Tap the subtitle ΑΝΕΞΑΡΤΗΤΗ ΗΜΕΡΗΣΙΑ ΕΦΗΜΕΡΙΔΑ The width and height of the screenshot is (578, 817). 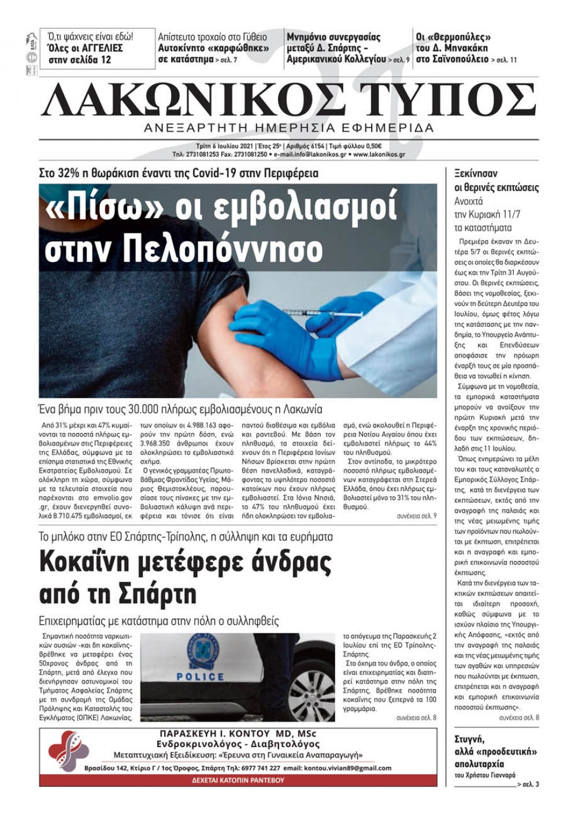(x=289, y=128)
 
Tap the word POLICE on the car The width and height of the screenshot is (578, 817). (x=200, y=676)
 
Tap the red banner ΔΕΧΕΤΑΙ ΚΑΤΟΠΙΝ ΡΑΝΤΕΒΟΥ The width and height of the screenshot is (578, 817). (x=238, y=780)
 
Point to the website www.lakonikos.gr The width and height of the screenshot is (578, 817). (x=379, y=155)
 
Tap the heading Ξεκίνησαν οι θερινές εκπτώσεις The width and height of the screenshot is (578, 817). (x=497, y=180)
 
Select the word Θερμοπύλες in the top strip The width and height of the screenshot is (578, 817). (x=457, y=37)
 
